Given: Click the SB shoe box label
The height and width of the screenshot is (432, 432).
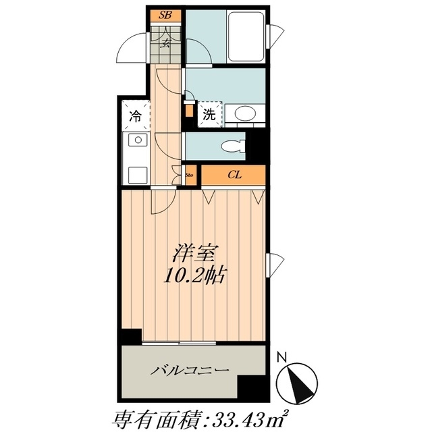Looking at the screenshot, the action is tap(165, 15).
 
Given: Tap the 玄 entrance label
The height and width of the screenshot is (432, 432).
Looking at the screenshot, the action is tap(165, 43).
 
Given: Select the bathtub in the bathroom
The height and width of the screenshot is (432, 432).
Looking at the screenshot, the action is tap(246, 36).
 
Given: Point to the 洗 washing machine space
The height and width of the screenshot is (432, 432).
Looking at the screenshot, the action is tap(210, 114).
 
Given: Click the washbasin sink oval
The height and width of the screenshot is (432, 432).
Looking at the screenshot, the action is tap(245, 113).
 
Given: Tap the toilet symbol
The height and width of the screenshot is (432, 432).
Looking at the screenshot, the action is tap(234, 146).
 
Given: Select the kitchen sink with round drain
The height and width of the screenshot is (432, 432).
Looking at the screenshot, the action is tap(138, 140).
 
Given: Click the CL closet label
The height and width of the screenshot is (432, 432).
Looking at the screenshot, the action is tap(234, 175).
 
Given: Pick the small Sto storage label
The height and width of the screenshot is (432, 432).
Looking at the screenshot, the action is tap(189, 175).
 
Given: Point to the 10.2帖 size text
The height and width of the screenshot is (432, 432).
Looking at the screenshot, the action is tap(195, 275).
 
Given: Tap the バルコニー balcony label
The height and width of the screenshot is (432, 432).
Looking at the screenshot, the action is tap(190, 370).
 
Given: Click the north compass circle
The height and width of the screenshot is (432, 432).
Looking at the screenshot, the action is tap(297, 384).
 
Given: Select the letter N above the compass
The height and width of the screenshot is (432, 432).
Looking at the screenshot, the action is tap(281, 357).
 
